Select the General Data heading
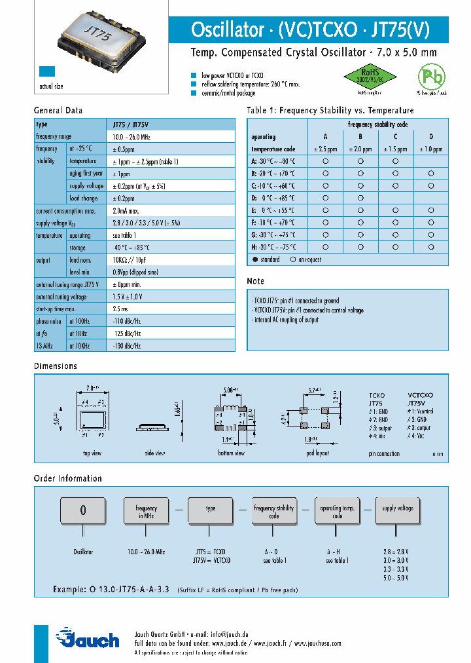coord(58,111)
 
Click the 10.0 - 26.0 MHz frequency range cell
coord(131,137)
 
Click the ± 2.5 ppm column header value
coord(326,149)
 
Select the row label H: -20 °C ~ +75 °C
coord(273,247)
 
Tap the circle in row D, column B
coord(360,198)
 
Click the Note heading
coord(255,281)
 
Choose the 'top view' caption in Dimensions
coord(92,453)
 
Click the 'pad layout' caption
coord(317,453)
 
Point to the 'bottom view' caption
coord(231,453)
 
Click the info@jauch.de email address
coord(228,635)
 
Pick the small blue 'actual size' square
coord(46,73)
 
